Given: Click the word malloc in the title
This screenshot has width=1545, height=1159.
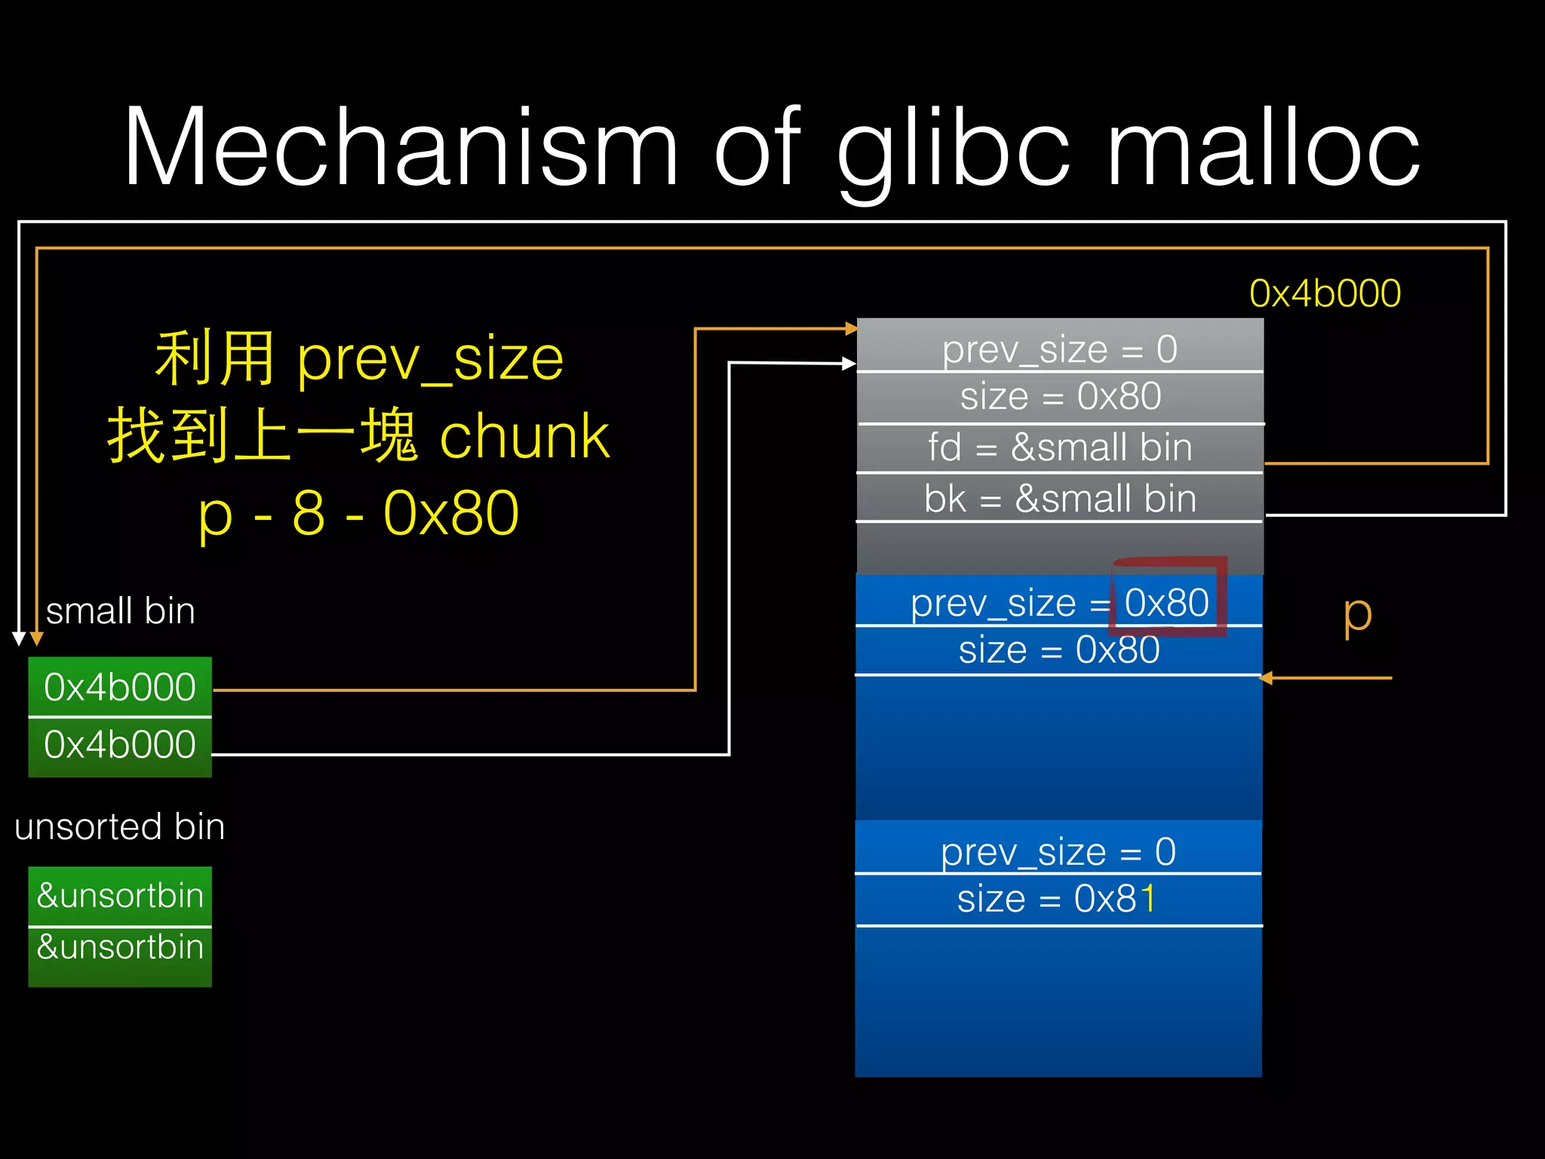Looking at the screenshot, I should click(1263, 147).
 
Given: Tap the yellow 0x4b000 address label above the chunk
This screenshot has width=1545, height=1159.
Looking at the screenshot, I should click(1325, 294).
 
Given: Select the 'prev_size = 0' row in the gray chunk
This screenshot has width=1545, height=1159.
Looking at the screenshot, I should click(1059, 349).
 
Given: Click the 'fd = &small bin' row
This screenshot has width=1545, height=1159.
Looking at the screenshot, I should click(1059, 447).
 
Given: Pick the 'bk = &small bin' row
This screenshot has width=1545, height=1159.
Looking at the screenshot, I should click(1059, 499).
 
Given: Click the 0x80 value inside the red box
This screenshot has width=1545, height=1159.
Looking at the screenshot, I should click(1166, 602).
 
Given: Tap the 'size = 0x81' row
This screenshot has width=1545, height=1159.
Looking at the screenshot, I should click(1056, 899).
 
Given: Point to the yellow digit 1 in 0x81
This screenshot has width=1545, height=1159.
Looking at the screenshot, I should click(1147, 899).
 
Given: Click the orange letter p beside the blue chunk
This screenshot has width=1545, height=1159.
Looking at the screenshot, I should click(1357, 615).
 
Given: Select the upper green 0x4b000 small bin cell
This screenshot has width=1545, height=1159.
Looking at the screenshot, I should click(120, 687).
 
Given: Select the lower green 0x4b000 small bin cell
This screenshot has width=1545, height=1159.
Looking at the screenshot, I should click(120, 745).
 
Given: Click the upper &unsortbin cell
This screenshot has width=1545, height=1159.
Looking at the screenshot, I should click(120, 896).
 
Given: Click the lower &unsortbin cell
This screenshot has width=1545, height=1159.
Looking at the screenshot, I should click(120, 947).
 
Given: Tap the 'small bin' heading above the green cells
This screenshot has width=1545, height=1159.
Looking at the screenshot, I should click(120, 610).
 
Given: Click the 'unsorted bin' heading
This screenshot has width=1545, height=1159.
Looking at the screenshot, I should click(119, 826).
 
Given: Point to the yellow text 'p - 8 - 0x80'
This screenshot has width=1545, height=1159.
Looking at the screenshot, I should click(358, 514).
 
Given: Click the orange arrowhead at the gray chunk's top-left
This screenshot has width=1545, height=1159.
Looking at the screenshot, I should click(851, 328).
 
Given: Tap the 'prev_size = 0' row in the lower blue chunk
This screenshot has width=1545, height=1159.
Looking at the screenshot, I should click(1058, 851).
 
